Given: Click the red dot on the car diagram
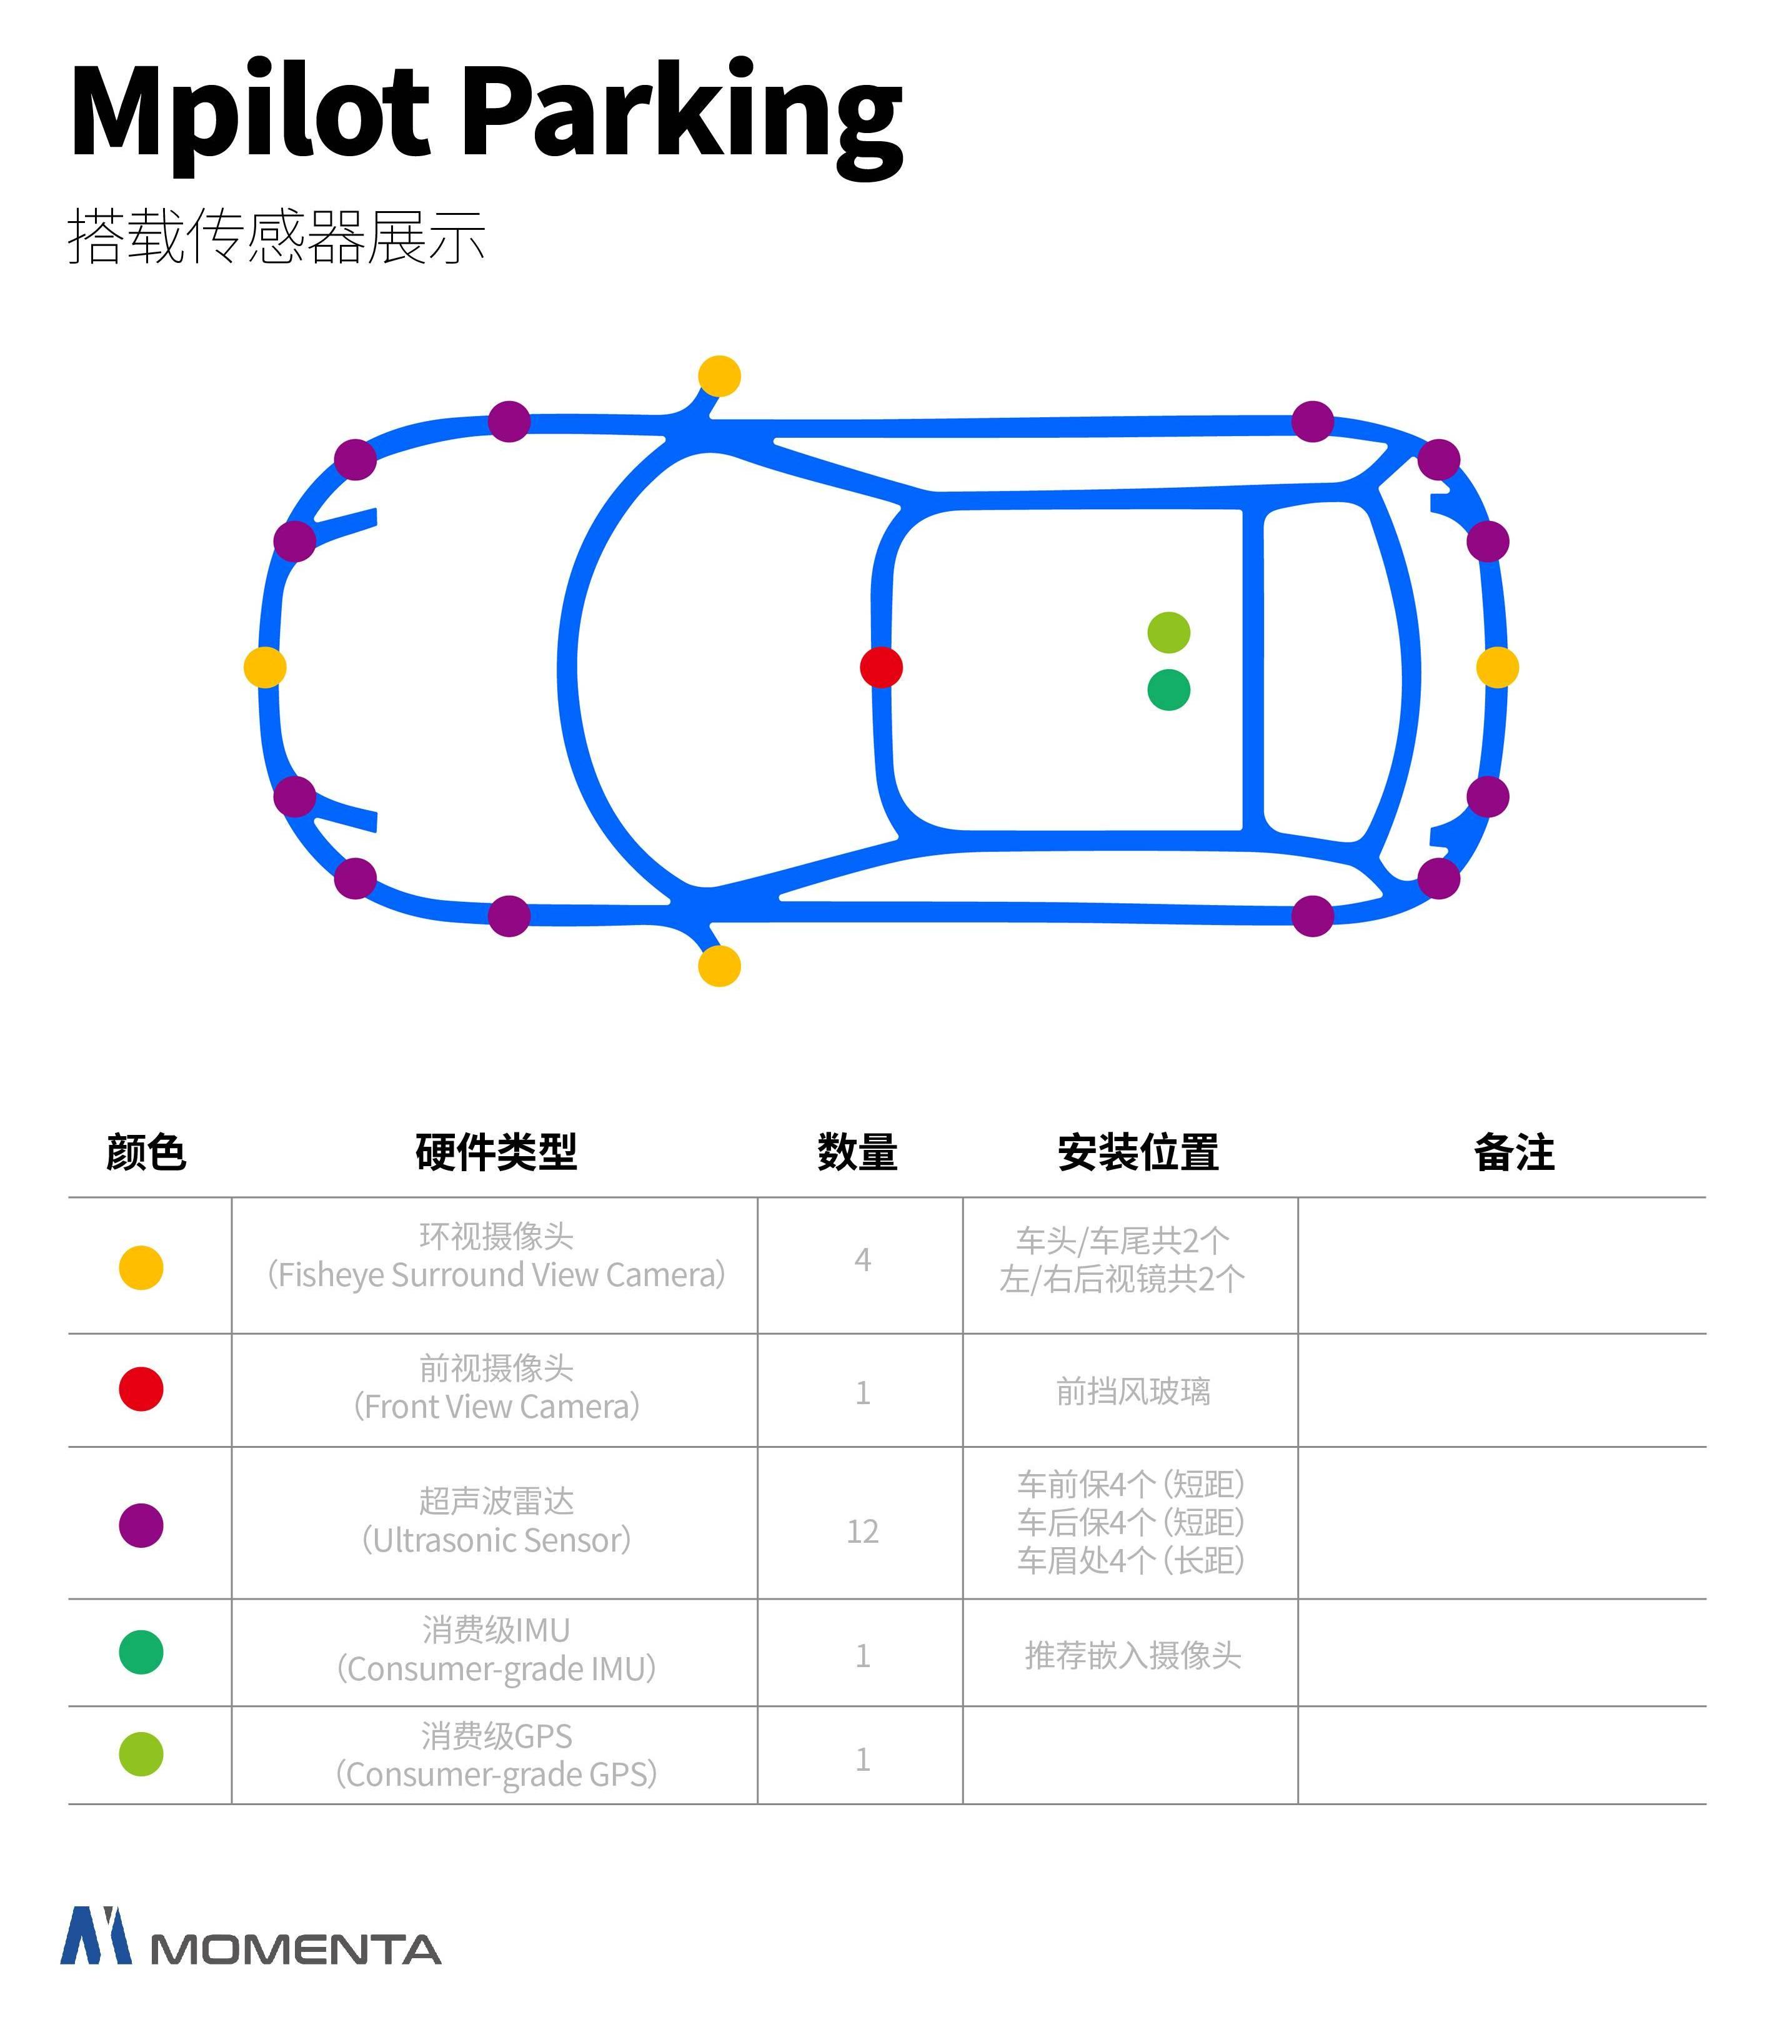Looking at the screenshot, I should click(x=880, y=667).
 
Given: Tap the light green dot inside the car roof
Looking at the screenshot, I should click(x=1168, y=633).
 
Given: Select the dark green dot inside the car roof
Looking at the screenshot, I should click(x=1168, y=690).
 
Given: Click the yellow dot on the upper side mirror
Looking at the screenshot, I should click(x=719, y=375).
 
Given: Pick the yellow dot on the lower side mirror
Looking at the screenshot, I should click(x=719, y=966).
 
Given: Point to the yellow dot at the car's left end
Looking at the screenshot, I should click(x=265, y=667).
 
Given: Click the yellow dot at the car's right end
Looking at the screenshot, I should click(x=1496, y=667).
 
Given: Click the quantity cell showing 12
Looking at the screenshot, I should click(x=862, y=1531).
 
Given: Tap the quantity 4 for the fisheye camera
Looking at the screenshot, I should click(x=862, y=1260).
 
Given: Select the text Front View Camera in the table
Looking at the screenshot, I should click(x=496, y=1406).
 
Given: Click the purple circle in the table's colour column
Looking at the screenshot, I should click(x=141, y=1525).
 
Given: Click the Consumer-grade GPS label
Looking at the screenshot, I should click(x=496, y=1774).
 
